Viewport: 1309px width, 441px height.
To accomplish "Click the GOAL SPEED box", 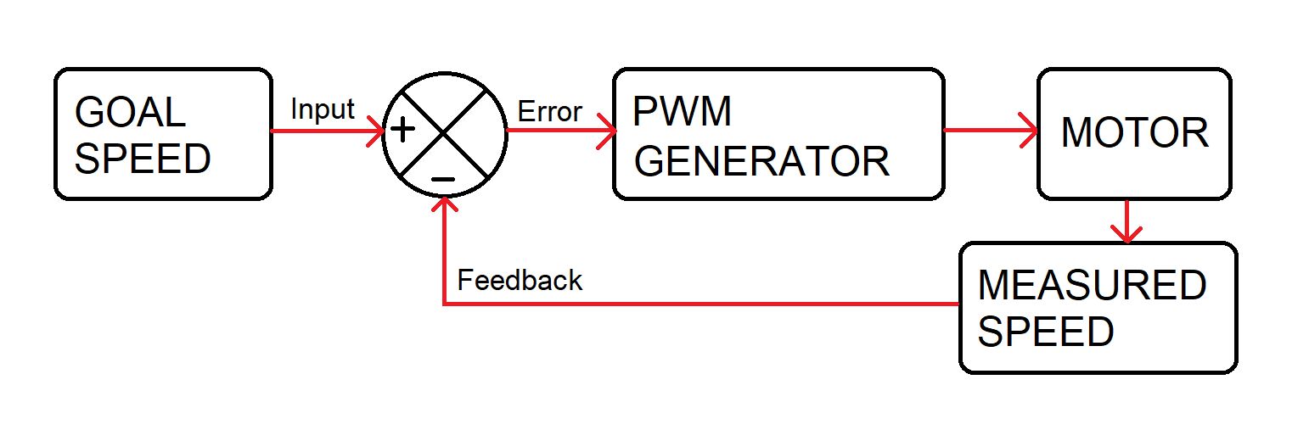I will pyautogui.click(x=163, y=134).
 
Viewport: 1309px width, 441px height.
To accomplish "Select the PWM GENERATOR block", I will pyautogui.click(x=778, y=134).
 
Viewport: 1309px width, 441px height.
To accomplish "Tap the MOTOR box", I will pyautogui.click(x=1134, y=134).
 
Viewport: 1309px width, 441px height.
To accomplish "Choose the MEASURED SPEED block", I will pyautogui.click(x=1098, y=307).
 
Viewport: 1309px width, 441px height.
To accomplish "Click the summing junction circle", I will pyautogui.click(x=444, y=133).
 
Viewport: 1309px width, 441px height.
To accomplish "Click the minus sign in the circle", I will pyautogui.click(x=443, y=179).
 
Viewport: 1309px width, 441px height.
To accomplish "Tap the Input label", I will pyautogui.click(x=323, y=109).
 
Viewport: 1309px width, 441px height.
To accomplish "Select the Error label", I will pyautogui.click(x=549, y=111).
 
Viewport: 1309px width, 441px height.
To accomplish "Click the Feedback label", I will pyautogui.click(x=520, y=280).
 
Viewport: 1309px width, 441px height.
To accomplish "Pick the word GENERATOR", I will pyautogui.click(x=761, y=161).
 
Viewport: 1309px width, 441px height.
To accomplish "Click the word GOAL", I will pyautogui.click(x=130, y=113).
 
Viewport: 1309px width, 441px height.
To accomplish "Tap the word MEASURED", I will pyautogui.click(x=1092, y=286).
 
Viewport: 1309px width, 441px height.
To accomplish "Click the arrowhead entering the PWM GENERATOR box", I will pyautogui.click(x=606, y=131).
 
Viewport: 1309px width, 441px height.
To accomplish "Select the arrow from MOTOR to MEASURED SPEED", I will pyautogui.click(x=1126, y=221).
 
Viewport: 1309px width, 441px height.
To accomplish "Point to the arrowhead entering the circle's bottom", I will pyautogui.click(x=443, y=204).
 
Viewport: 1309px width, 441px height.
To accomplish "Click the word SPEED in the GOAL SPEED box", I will pyautogui.click(x=143, y=159).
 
